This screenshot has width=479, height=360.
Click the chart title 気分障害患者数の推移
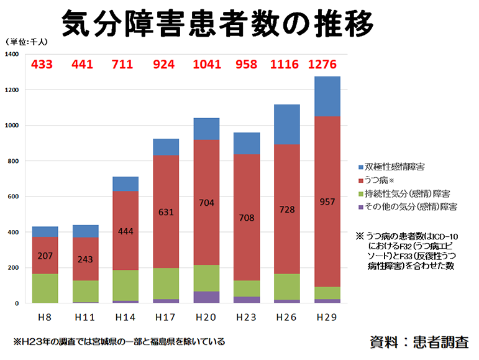(x=218, y=24)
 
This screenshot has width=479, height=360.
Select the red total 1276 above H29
(x=327, y=64)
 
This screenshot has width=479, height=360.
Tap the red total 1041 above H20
(x=206, y=64)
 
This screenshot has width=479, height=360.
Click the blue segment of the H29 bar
(x=327, y=96)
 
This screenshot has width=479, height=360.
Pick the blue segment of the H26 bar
(x=286, y=124)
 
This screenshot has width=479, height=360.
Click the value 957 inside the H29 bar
(x=327, y=201)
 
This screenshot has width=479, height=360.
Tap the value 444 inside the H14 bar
(x=125, y=231)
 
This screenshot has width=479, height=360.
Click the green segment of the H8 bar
(x=45, y=288)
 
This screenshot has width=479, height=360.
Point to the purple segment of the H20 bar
(x=206, y=297)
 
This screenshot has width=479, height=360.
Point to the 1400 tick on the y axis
(x=12, y=54)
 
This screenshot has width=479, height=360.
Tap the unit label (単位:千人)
(x=27, y=42)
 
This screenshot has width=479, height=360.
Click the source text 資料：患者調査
(x=419, y=341)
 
